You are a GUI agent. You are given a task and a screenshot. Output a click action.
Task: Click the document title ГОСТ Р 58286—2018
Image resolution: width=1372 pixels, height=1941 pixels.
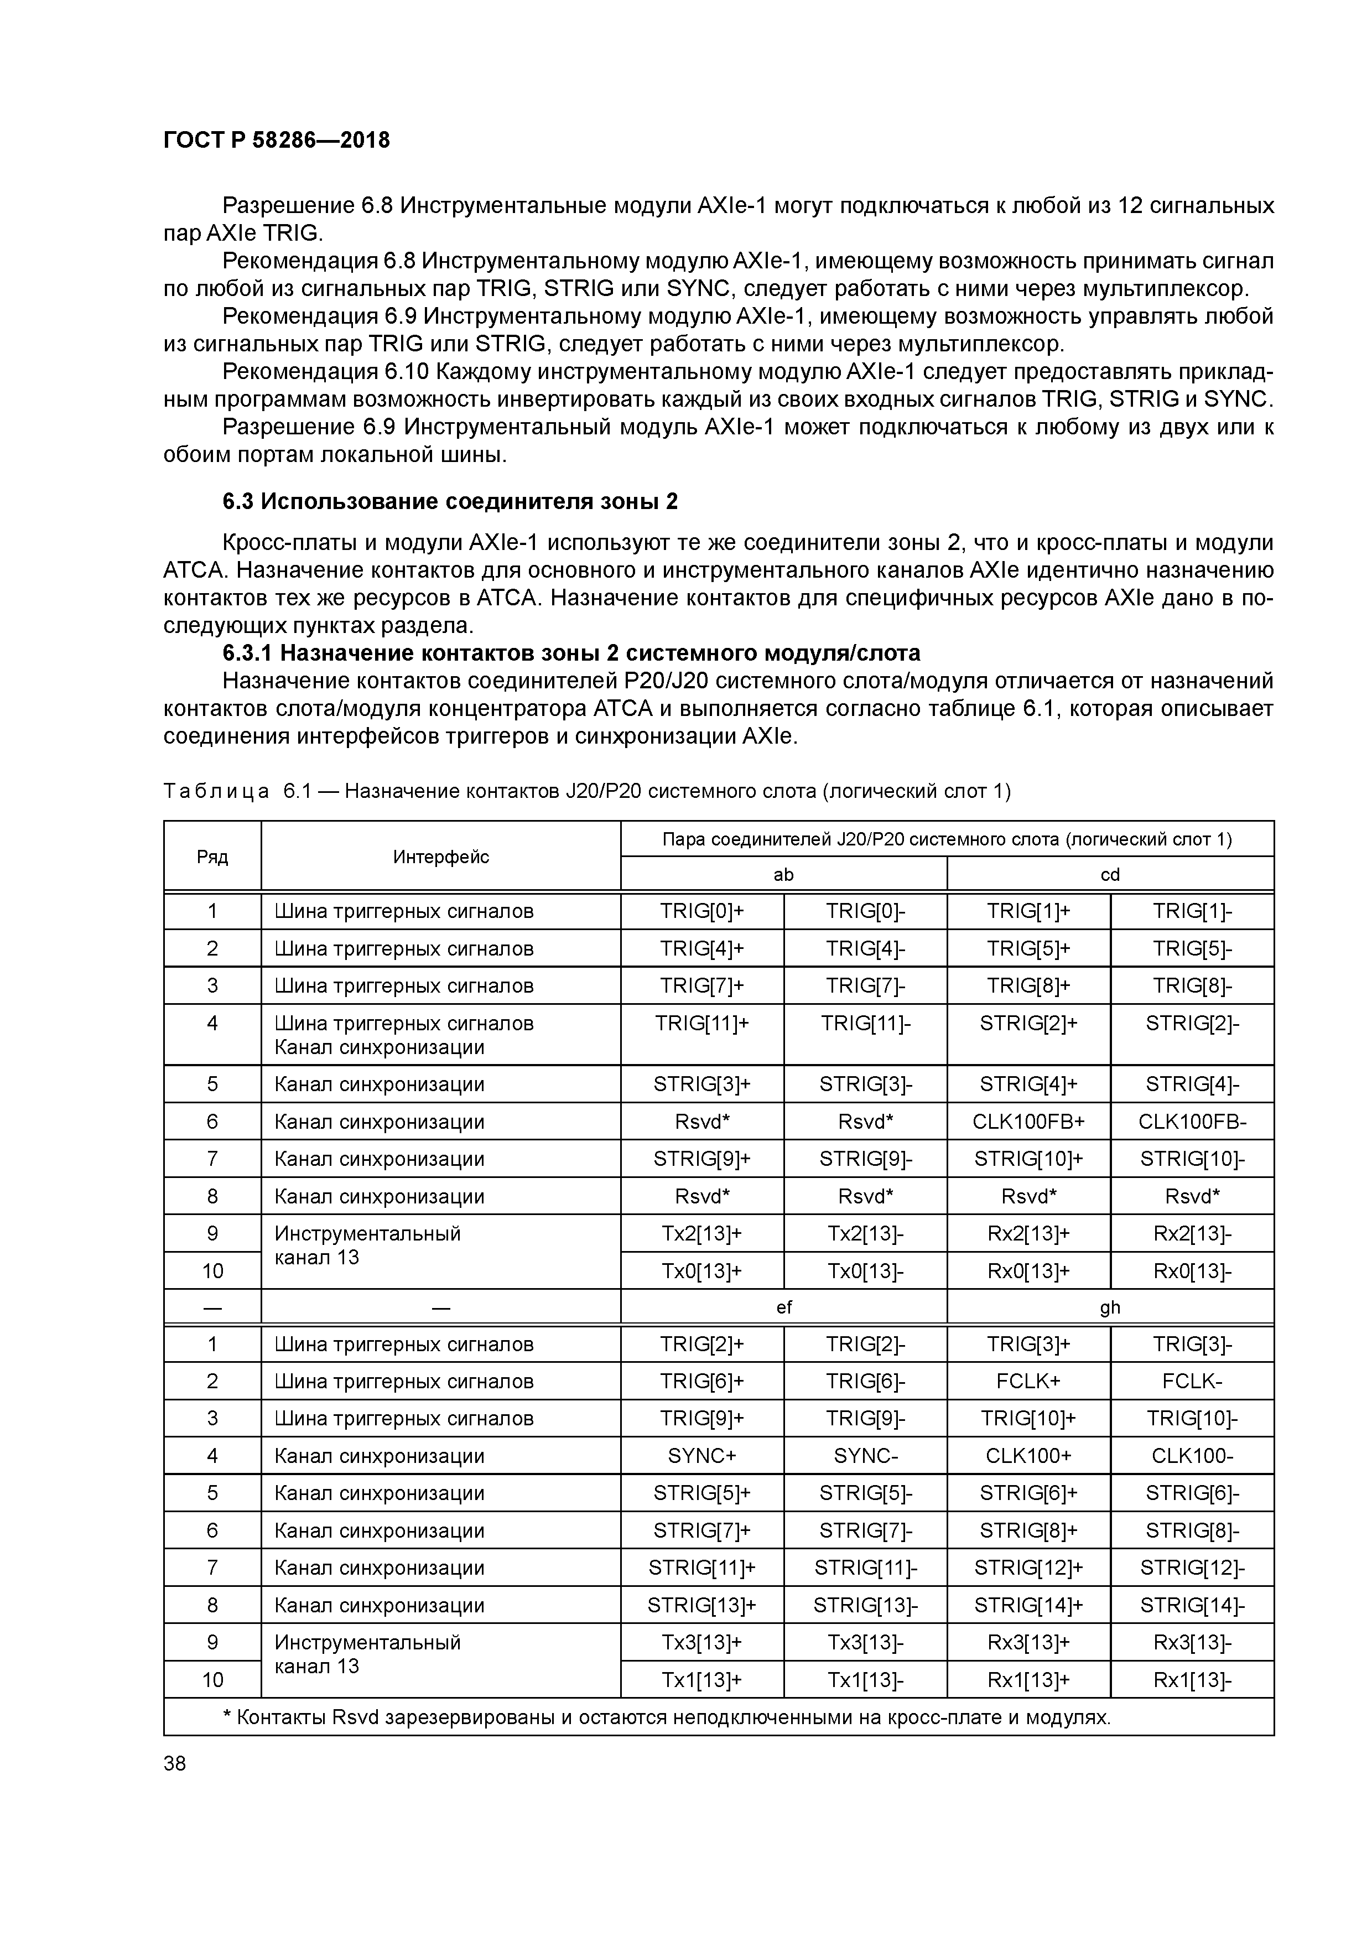277,141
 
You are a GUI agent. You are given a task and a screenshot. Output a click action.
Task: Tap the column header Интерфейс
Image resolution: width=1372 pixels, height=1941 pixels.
440,857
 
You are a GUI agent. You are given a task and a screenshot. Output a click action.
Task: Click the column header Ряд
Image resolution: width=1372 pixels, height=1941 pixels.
212,857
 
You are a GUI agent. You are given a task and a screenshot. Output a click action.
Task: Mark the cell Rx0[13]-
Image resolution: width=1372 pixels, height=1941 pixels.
1192,1270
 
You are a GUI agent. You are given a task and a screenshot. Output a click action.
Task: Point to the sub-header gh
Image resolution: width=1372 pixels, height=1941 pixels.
1109,1307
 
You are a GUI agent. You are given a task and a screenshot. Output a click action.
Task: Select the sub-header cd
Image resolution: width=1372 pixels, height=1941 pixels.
1109,874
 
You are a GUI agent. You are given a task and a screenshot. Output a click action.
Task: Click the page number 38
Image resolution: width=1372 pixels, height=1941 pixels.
175,1763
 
